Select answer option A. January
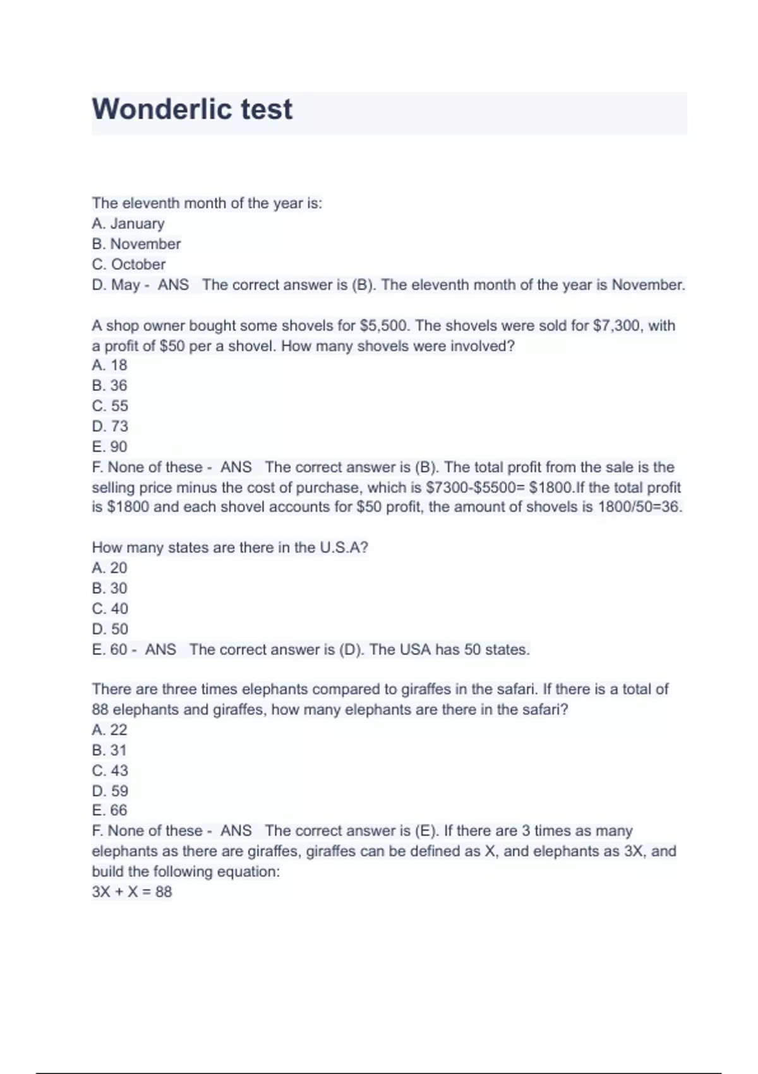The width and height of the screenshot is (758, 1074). (128, 224)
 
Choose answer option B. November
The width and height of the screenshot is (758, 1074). (136, 244)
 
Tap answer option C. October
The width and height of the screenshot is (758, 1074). (129, 264)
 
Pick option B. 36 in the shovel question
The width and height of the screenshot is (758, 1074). (109, 385)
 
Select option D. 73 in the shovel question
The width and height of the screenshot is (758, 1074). (110, 426)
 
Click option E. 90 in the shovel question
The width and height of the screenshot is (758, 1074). (109, 447)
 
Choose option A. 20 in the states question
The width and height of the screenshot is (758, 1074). (109, 568)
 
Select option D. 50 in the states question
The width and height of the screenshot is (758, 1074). (110, 629)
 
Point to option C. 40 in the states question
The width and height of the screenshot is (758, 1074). (110, 609)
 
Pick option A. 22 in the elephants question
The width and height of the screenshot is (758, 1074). (109, 730)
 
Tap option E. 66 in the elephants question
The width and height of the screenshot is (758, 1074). (109, 811)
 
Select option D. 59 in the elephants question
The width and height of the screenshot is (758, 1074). (110, 791)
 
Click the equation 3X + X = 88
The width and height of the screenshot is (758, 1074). (132, 892)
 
